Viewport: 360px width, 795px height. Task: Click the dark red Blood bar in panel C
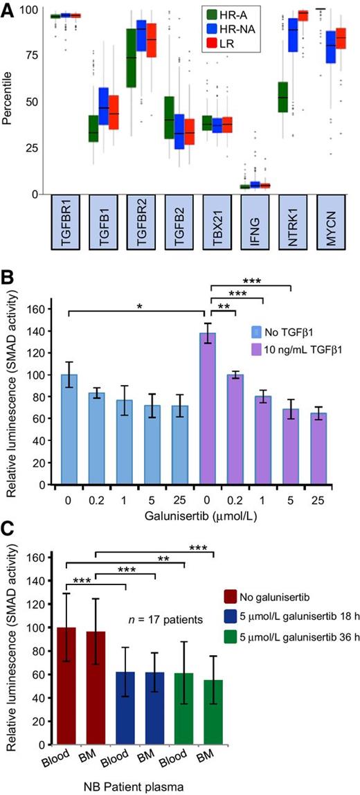click(70, 692)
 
